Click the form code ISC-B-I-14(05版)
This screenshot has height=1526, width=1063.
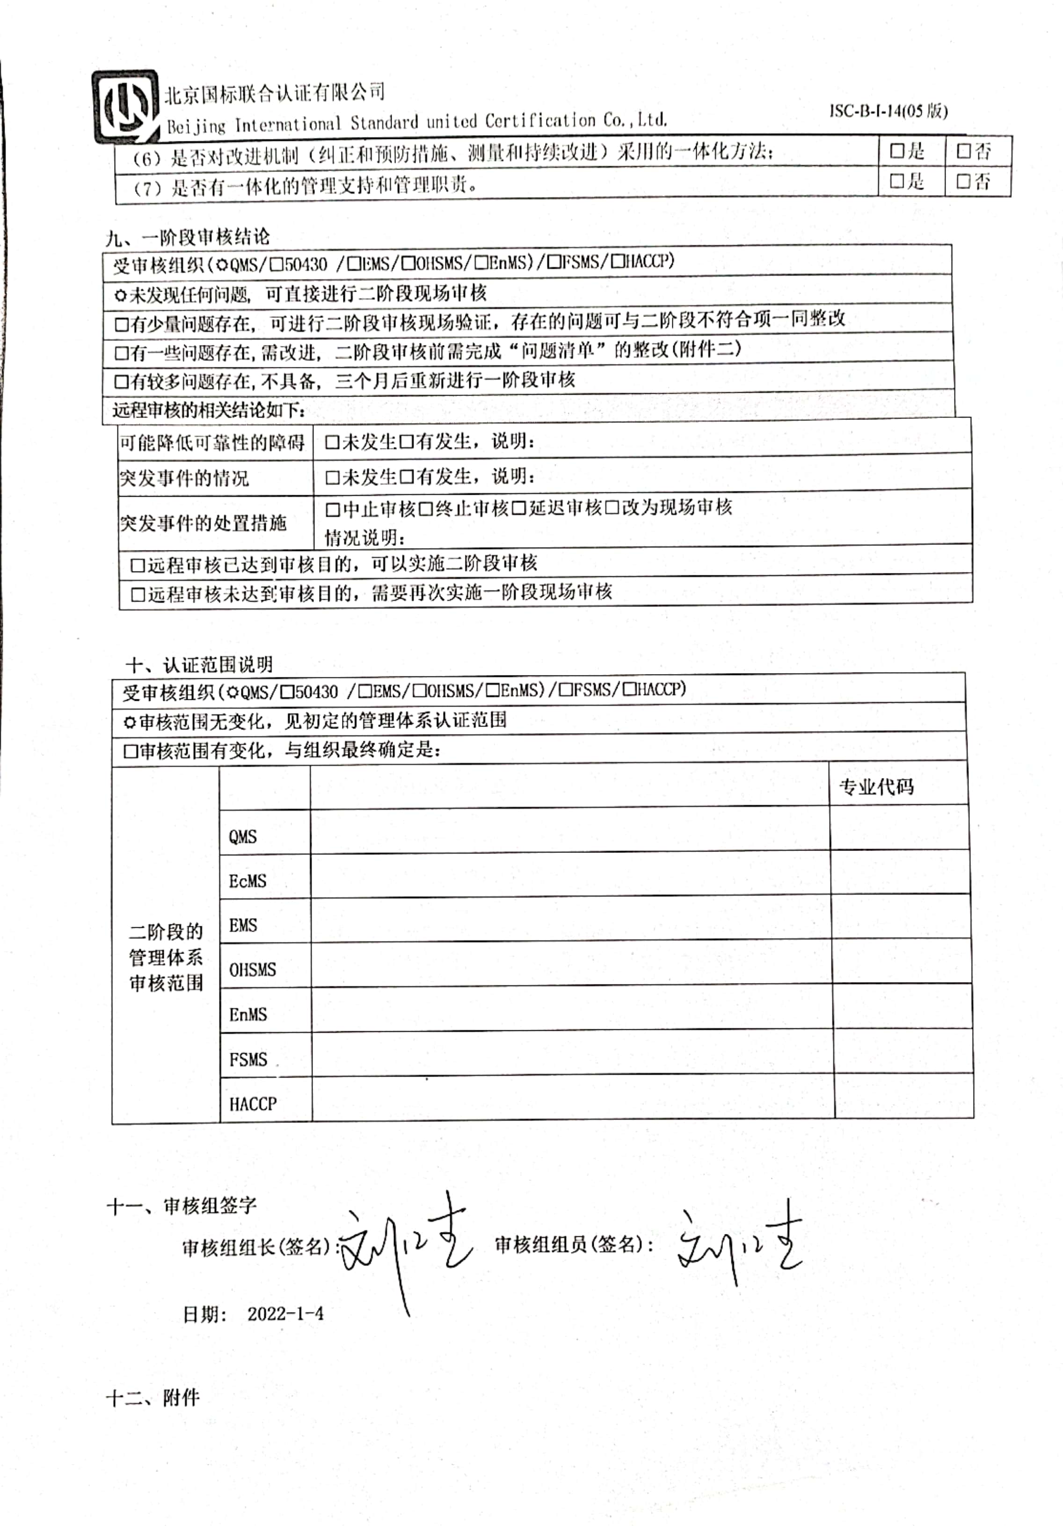pos(888,111)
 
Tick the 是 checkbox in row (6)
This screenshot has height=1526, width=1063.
pos(897,152)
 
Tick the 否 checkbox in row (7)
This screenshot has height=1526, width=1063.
pos(963,182)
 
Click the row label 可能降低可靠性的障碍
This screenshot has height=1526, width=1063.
pos(212,442)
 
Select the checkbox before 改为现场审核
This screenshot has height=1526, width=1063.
pos(612,508)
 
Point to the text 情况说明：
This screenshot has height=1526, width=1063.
pos(365,537)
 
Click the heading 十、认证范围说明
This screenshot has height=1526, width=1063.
pos(199,664)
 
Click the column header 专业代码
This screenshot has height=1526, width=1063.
pos(876,787)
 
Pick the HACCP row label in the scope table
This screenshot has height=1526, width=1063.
pos(253,1104)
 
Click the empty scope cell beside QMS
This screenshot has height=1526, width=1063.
pos(569,831)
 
